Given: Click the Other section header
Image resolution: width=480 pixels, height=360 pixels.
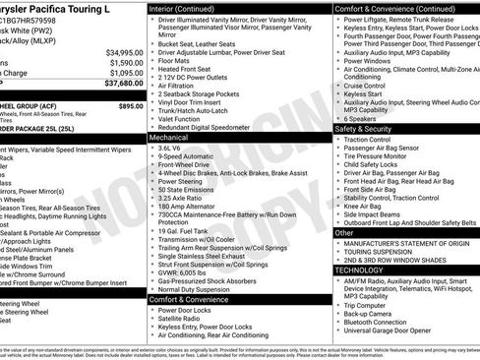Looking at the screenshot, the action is [344, 233].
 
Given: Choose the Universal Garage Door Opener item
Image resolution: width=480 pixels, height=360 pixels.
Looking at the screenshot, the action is [392, 330].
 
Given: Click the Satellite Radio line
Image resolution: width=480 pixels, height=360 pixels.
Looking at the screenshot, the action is [182, 318].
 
